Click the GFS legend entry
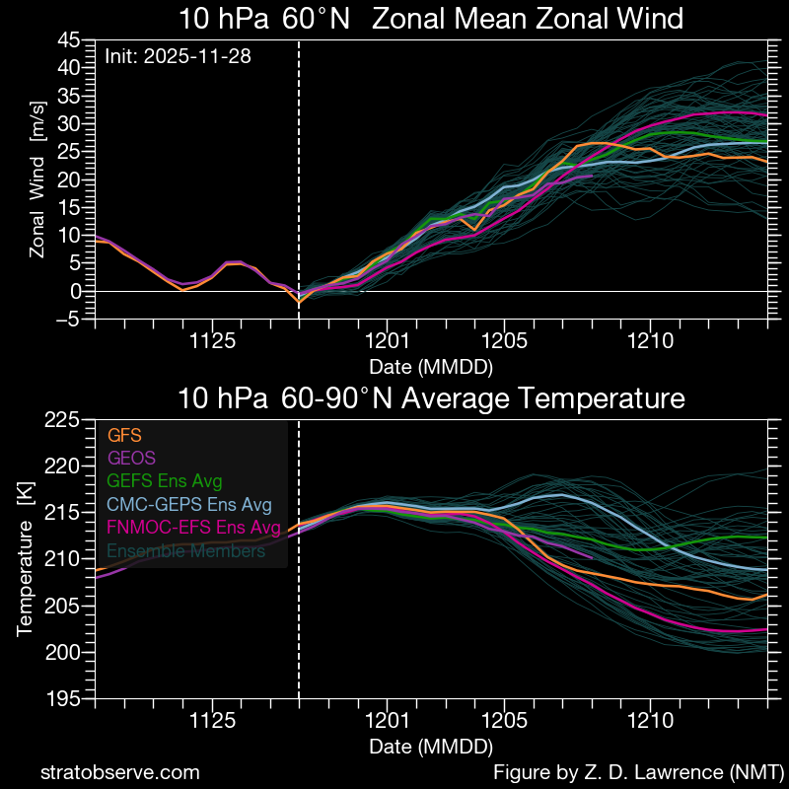click(125, 435)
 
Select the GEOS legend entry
click(131, 458)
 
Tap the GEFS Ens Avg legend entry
click(164, 481)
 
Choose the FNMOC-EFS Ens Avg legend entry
click(192, 528)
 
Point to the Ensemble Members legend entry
click(185, 551)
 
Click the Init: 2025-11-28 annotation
click(178, 56)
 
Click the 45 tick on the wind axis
click(69, 39)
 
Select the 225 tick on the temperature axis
click(63, 420)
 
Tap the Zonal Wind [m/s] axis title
click(37, 191)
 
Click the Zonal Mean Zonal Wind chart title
click(431, 19)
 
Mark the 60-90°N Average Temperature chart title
click(431, 399)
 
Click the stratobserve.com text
click(120, 771)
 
